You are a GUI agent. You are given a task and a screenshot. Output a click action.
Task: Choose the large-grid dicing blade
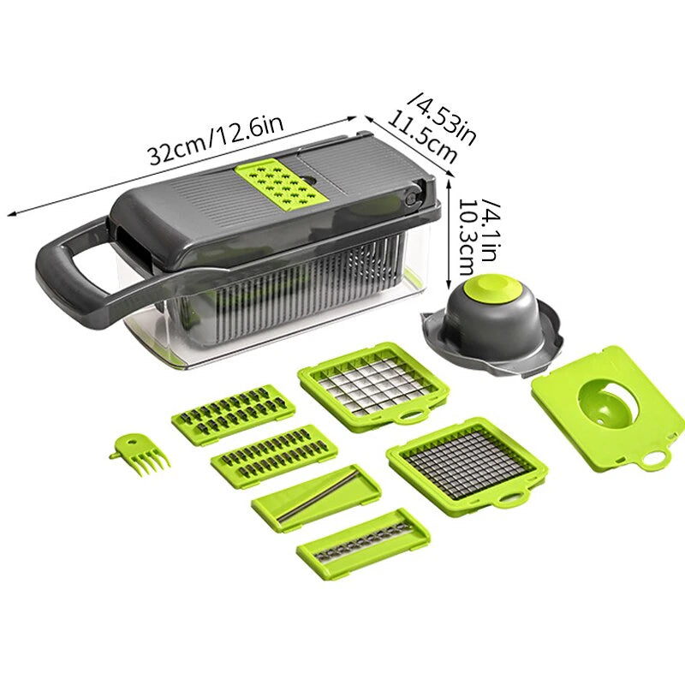tap(373, 382)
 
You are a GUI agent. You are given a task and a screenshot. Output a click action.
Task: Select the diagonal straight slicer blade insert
tap(316, 497)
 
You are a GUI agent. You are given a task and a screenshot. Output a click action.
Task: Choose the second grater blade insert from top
tap(273, 454)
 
